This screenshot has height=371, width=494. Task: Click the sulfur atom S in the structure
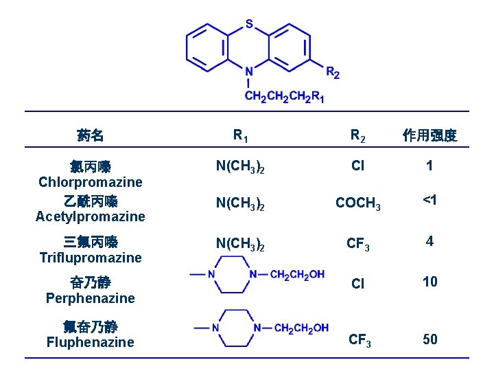[x=249, y=25]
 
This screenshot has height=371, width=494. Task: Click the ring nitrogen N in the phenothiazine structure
[x=249, y=71]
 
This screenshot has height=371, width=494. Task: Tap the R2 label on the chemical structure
[x=332, y=71]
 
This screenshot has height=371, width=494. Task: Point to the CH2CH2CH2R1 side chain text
[x=285, y=97]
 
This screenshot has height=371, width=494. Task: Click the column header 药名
[x=91, y=135]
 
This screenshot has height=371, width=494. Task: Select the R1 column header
[x=241, y=135]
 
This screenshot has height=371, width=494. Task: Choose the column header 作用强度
[x=430, y=135]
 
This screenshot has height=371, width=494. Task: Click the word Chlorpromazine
[x=91, y=182]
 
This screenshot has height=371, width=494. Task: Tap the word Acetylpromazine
[x=91, y=216]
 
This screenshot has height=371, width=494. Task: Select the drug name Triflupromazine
[x=91, y=258]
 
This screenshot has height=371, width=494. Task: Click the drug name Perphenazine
[x=91, y=298]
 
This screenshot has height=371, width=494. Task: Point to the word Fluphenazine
[x=91, y=342]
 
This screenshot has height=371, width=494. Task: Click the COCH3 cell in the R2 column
[x=357, y=203]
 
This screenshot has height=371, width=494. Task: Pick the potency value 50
[x=430, y=339]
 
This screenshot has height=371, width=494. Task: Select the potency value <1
[x=430, y=200]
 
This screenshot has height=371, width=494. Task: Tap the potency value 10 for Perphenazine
[x=430, y=282]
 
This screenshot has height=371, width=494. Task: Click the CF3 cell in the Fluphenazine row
[x=360, y=339]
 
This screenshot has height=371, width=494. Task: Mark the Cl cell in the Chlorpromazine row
[x=357, y=166]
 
